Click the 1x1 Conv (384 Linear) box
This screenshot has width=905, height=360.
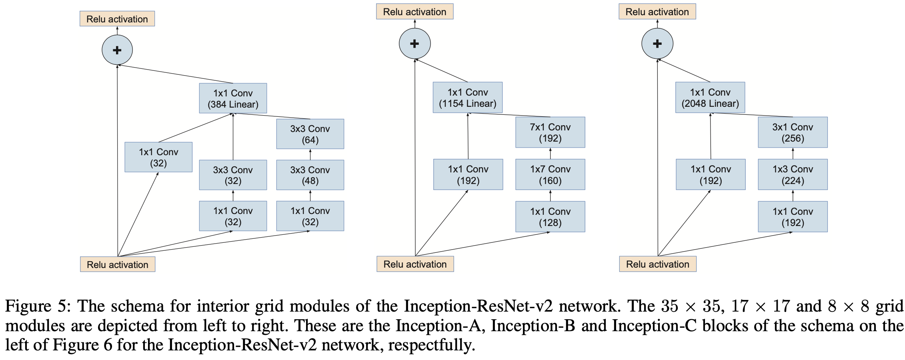pyautogui.click(x=233, y=98)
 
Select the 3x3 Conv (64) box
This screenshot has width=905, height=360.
pyautogui.click(x=310, y=134)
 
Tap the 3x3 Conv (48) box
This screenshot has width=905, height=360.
pyautogui.click(x=310, y=175)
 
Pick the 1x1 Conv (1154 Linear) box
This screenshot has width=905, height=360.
pyautogui.click(x=468, y=98)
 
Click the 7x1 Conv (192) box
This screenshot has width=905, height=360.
pyautogui.click(x=550, y=132)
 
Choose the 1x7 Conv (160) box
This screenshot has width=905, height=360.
pyautogui.click(x=550, y=174)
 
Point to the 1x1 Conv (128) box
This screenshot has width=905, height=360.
pyautogui.click(x=550, y=217)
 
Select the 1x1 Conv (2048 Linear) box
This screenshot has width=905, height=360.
pyautogui.click(x=710, y=98)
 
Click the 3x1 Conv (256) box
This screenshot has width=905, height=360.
pyautogui.click(x=793, y=132)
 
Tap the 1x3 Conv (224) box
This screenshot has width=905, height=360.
pyautogui.click(x=793, y=174)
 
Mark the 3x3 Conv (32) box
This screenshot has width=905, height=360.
pyautogui.click(x=233, y=175)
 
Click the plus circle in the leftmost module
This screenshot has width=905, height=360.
pyautogui.click(x=117, y=50)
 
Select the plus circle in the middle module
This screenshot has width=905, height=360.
pyautogui.click(x=415, y=44)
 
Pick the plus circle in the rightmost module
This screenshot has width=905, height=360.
pyautogui.click(x=657, y=44)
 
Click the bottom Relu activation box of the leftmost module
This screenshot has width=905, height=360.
pyautogui.click(x=118, y=264)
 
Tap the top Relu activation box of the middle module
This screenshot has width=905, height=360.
pyautogui.click(x=414, y=12)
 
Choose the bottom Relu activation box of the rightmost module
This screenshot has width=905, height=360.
pyautogui.click(x=658, y=264)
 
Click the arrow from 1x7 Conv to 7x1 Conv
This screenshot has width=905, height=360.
pyautogui.click(x=550, y=154)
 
